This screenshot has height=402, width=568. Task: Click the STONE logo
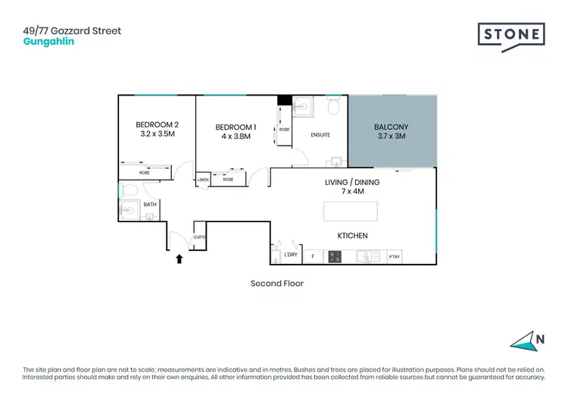point(511,36)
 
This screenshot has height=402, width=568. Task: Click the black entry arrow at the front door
point(179,259)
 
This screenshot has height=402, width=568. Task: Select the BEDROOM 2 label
point(157,124)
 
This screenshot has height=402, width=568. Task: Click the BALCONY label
point(392,127)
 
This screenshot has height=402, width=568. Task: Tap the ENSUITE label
point(320,135)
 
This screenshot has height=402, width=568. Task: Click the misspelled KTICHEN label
point(352,236)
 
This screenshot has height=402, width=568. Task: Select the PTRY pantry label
point(394,257)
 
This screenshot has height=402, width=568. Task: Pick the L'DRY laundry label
point(290,256)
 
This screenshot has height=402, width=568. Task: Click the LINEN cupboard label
point(203,180)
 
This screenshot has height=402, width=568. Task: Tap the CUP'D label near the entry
point(200,237)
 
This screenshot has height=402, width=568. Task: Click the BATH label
point(150,204)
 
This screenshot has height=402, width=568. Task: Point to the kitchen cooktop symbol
point(335,257)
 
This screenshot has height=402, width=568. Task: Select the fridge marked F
point(313,257)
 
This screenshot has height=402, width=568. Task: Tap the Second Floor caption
point(276,284)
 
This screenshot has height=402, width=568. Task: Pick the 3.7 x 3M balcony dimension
point(392,137)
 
